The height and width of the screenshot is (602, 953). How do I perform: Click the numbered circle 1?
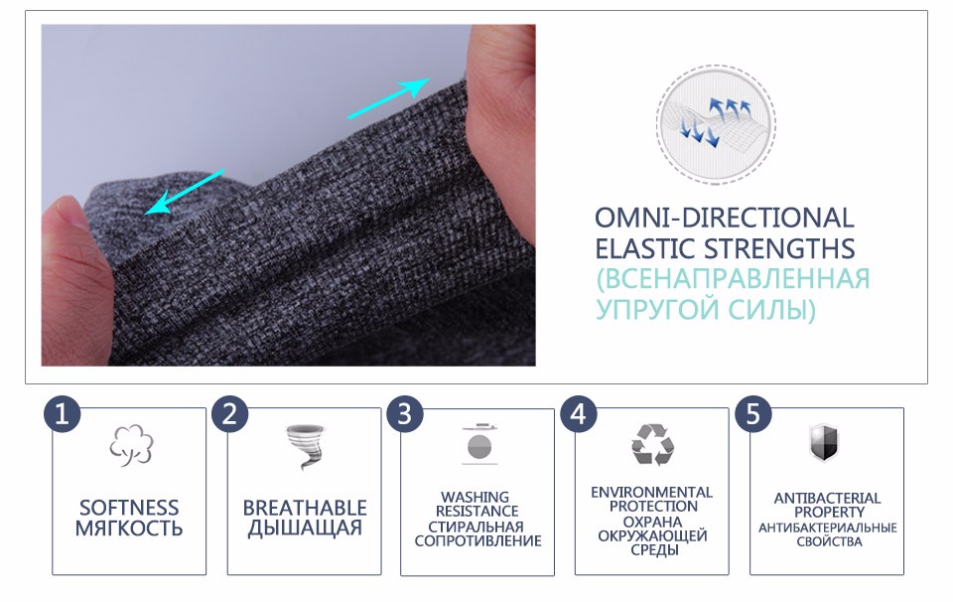[62, 414]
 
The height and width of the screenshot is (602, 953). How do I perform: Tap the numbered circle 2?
[229, 414]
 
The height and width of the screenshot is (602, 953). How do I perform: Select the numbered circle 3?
[404, 414]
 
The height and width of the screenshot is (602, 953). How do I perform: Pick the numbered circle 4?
[579, 414]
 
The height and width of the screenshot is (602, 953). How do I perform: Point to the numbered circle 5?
[753, 414]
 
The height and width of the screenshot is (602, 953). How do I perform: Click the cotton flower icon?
[131, 445]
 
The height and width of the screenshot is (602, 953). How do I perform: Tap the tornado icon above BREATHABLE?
[306, 447]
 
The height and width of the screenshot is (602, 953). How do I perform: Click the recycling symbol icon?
[653, 444]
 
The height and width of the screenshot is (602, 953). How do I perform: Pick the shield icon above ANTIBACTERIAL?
[824, 443]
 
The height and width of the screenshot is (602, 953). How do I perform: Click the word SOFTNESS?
[129, 508]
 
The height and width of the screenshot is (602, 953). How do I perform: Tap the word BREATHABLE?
[305, 508]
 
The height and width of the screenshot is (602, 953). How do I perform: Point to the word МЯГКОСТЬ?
[129, 527]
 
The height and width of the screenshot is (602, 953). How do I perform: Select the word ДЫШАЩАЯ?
[305, 527]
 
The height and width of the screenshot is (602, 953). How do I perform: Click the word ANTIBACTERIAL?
[827, 498]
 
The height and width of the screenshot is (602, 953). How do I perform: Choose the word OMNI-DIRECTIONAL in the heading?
[724, 218]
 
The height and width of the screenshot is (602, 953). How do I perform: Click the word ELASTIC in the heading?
[645, 248]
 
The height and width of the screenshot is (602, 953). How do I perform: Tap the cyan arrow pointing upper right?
[389, 97]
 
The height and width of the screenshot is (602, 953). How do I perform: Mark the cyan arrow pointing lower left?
[185, 192]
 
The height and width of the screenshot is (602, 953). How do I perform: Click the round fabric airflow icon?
[716, 124]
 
